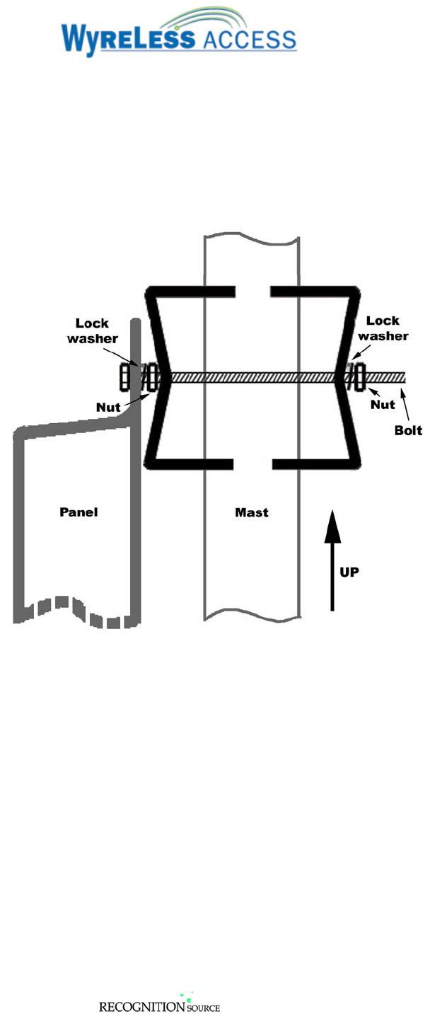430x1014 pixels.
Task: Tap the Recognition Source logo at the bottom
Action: pyautogui.click(x=159, y=1005)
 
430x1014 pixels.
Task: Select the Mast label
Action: pyautogui.click(x=252, y=513)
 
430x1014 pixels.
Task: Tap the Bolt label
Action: pyautogui.click(x=408, y=430)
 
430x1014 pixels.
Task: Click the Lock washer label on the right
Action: pyautogui.click(x=387, y=328)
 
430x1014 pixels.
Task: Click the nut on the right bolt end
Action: pyautogui.click(x=361, y=376)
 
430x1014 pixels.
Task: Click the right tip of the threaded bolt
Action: pyautogui.click(x=403, y=377)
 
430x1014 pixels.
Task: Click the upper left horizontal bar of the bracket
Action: pyautogui.click(x=191, y=291)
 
